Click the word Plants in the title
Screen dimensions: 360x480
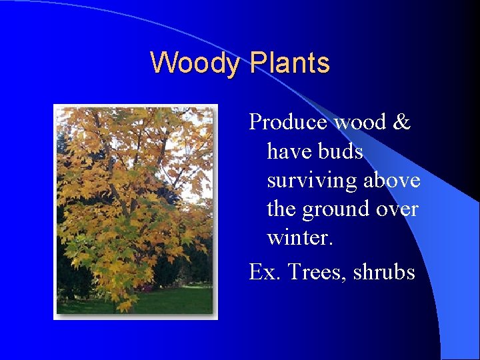[x=289, y=63]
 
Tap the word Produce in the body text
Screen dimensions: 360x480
[x=289, y=122]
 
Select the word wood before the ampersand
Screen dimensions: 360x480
[x=359, y=122]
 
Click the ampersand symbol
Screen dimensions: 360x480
[x=402, y=122]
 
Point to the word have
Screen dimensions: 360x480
[x=290, y=151]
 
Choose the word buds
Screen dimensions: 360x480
[x=341, y=151]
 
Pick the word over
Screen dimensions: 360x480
[x=398, y=210]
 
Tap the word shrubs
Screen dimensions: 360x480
[x=383, y=271]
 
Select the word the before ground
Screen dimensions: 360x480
[x=281, y=210]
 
